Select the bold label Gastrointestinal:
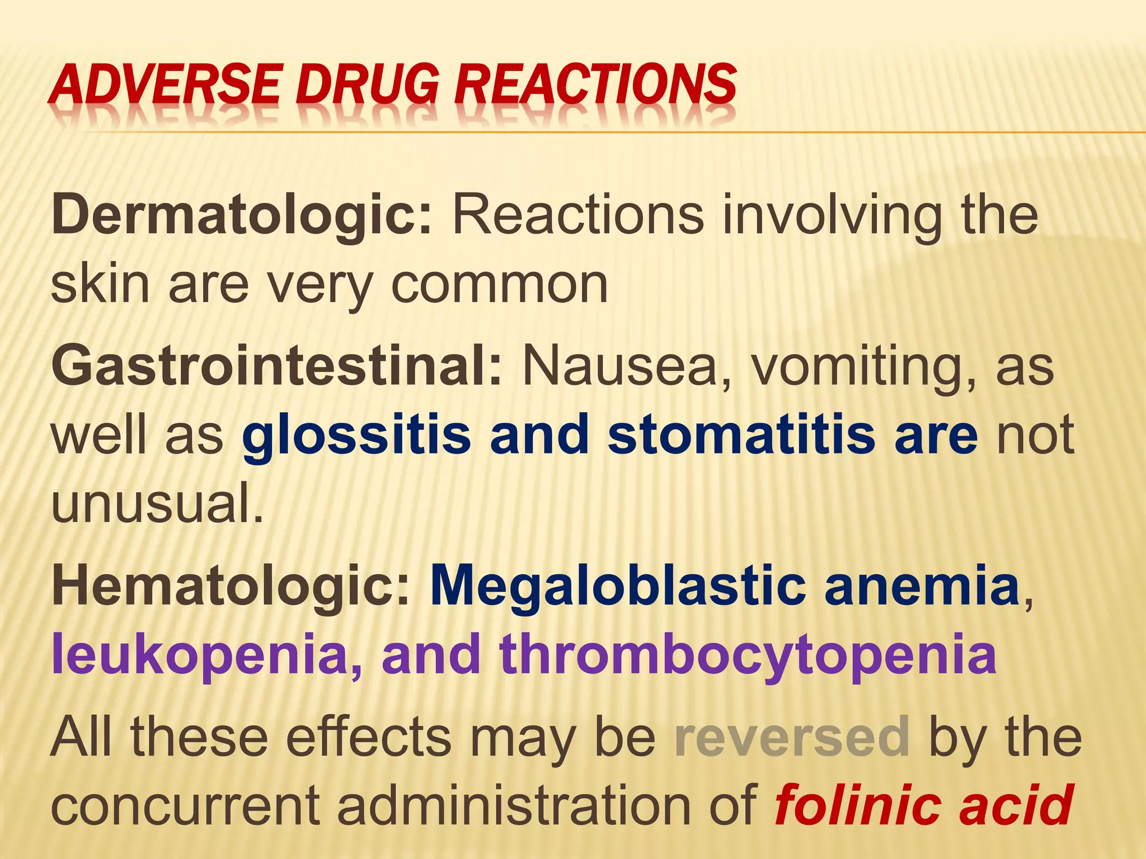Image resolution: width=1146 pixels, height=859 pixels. pyautogui.click(x=277, y=366)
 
